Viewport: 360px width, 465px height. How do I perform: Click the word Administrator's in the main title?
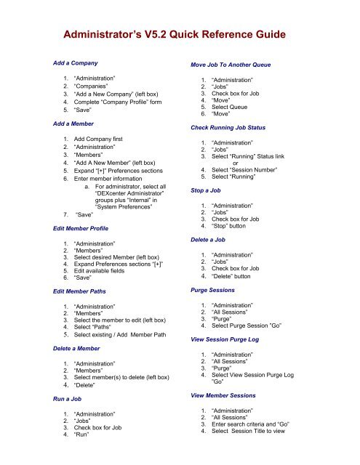(x=103, y=33)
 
